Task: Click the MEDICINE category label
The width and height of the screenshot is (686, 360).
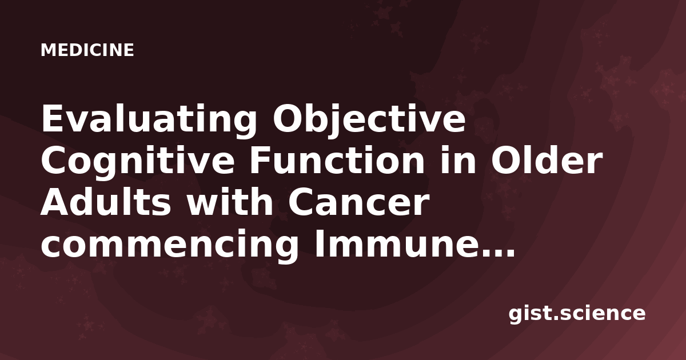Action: point(87,50)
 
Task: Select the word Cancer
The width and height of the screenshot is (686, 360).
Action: point(357,203)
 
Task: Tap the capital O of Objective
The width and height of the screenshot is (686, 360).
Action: point(287,118)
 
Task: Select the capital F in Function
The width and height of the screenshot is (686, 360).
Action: point(261,160)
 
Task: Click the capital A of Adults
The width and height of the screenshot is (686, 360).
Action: point(55,202)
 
